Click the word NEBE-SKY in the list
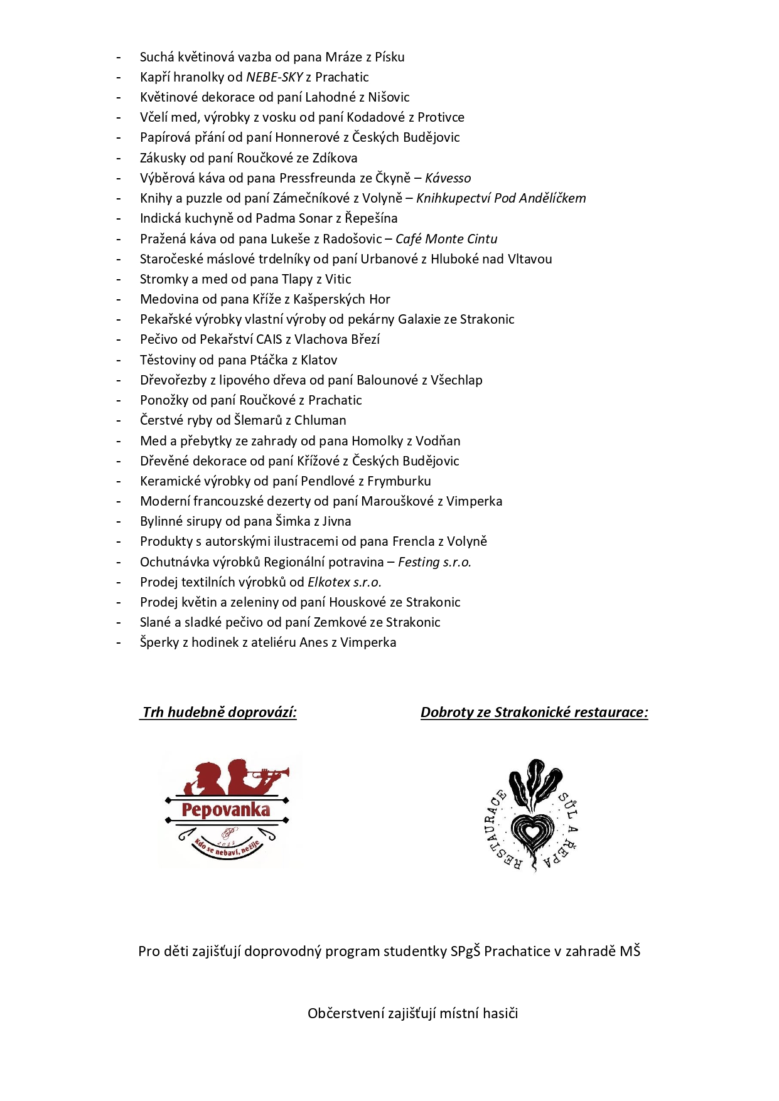[x=274, y=77]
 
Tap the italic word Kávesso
[x=448, y=178]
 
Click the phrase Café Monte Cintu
[x=446, y=239]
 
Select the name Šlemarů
[x=258, y=420]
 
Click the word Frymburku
[x=399, y=481]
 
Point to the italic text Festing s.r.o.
[x=434, y=562]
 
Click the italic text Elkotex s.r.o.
[x=344, y=582]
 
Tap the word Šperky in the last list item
[x=159, y=642]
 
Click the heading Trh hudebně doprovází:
[x=219, y=713]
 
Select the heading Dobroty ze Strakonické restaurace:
[x=534, y=713]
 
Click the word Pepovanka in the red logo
[x=226, y=810]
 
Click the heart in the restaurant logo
[x=532, y=832]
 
